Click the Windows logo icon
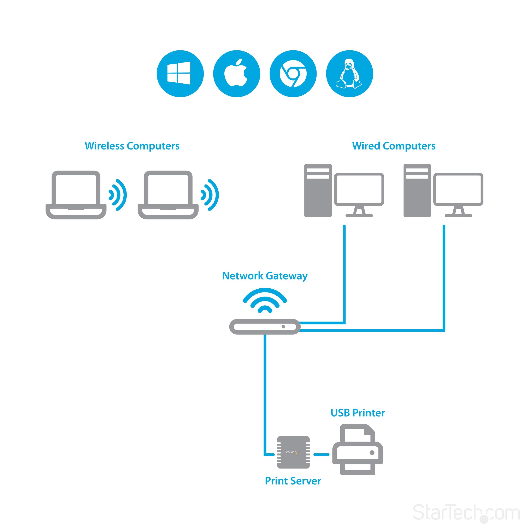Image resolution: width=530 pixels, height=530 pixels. click(180, 73)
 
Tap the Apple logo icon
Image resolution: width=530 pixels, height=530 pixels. click(236, 73)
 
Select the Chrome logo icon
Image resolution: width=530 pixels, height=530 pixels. click(293, 73)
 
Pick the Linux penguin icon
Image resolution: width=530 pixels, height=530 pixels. click(349, 73)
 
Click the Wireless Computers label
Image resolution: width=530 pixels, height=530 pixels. click(132, 146)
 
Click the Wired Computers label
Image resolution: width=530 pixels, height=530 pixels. click(394, 146)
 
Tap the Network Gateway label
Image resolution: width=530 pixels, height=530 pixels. click(265, 276)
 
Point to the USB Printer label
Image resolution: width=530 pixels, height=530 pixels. click(358, 413)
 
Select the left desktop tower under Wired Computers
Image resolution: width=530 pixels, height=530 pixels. click(318, 190)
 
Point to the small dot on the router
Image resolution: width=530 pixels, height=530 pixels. click(283, 326)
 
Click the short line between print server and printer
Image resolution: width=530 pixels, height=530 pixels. click(321, 455)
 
